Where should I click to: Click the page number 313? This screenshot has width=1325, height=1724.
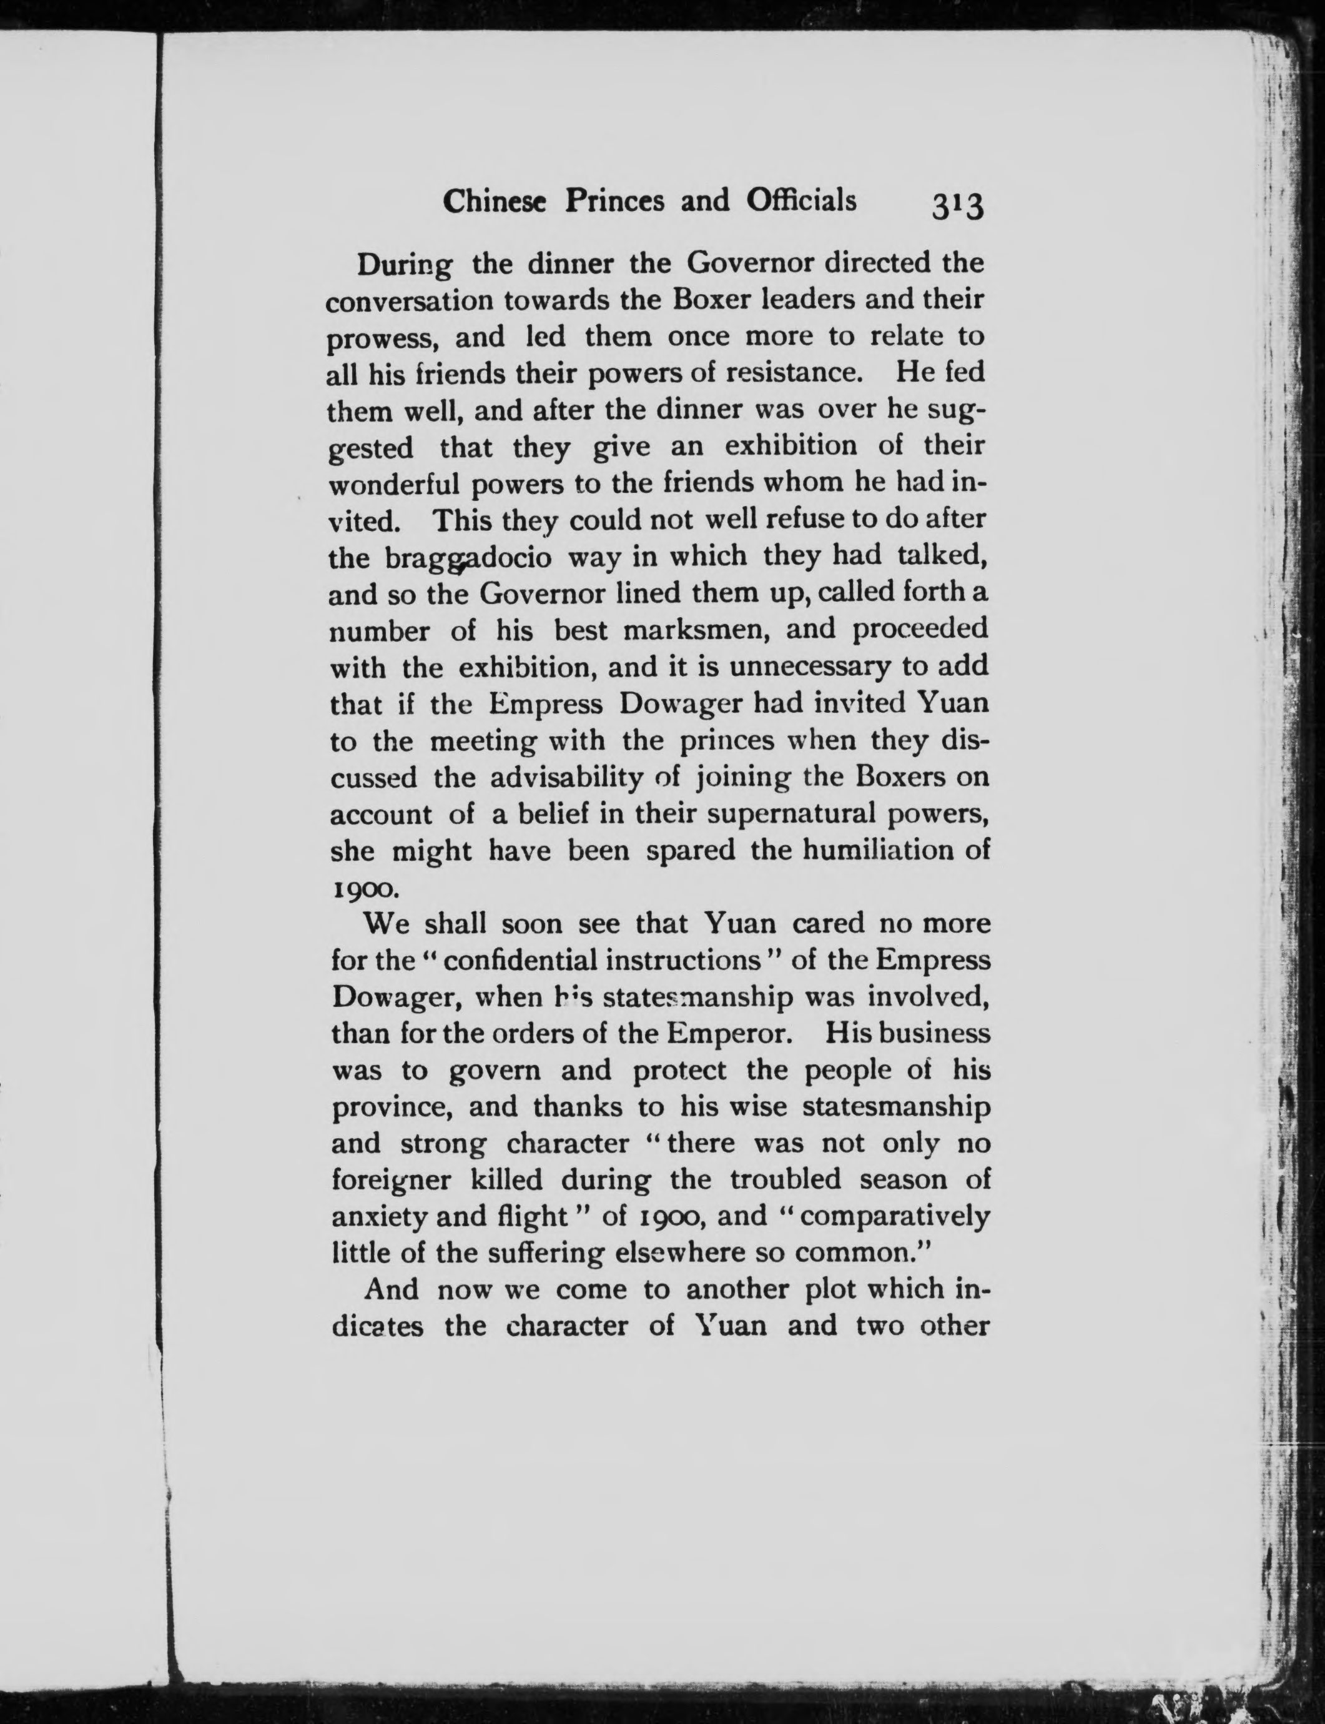point(957,206)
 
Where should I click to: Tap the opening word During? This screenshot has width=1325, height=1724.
point(405,264)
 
